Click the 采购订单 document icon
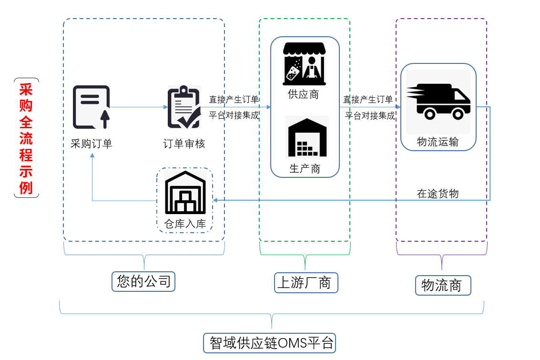pyautogui.click(x=91, y=107)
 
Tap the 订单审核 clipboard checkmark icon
pyautogui.click(x=184, y=107)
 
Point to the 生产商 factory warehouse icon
pyautogui.click(x=307, y=138)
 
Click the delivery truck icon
pyautogui.click(x=438, y=101)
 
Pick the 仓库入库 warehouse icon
pyautogui.click(x=185, y=193)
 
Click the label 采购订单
pyautogui.click(x=91, y=144)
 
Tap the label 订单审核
pyautogui.click(x=184, y=144)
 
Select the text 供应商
pyautogui.click(x=304, y=94)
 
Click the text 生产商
pyautogui.click(x=305, y=168)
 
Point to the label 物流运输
pyautogui.click(x=438, y=142)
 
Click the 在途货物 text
pyautogui.click(x=438, y=193)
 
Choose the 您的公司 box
pyautogui.click(x=143, y=281)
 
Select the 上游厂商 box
pyautogui.click(x=306, y=283)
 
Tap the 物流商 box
pyautogui.click(x=442, y=285)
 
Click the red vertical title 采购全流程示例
pyautogui.click(x=26, y=138)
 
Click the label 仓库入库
pyautogui.click(x=185, y=223)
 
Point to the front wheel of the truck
pyautogui.click(x=458, y=114)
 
